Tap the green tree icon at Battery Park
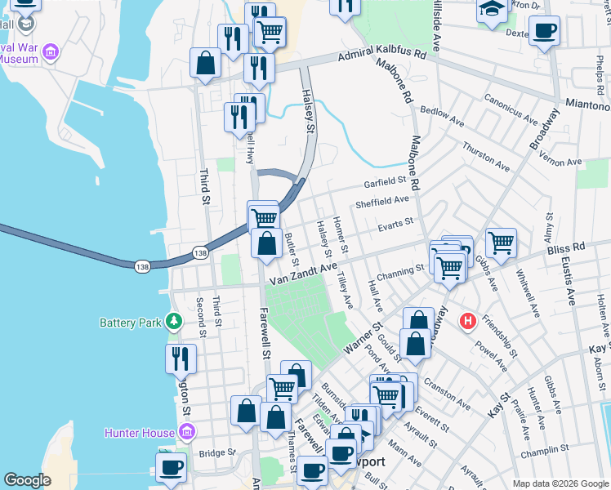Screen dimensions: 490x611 173,322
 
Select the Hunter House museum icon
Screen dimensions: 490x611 186,432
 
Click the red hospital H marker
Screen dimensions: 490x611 467,322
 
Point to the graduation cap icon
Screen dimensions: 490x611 493,11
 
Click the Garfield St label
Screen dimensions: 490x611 385,180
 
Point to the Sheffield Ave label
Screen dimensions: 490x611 381,200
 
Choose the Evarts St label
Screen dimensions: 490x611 396,220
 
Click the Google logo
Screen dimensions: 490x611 27,480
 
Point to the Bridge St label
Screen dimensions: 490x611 216,452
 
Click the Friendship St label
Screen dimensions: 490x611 499,336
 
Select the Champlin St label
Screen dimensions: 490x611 548,449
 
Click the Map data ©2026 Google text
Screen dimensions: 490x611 560,483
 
